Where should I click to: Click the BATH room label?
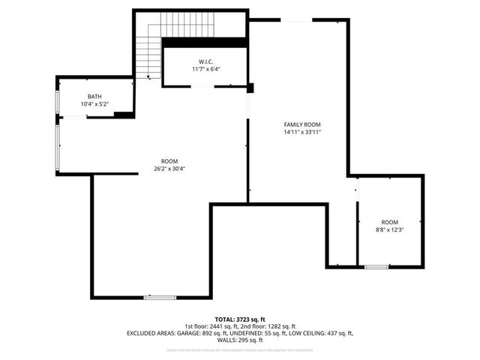tap(94, 97)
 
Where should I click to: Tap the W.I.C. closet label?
tap(206, 61)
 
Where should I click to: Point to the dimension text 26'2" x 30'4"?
tap(169, 168)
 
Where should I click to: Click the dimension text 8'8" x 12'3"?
tap(389, 229)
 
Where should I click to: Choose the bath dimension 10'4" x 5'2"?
tap(94, 104)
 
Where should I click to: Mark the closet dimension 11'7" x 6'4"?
tap(206, 69)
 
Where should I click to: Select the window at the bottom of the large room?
tap(159, 298)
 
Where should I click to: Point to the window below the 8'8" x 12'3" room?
tap(376, 266)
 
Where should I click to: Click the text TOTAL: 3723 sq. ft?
tap(240, 319)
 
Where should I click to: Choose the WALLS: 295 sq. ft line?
tap(240, 340)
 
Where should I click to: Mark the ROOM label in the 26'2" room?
tap(169, 160)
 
